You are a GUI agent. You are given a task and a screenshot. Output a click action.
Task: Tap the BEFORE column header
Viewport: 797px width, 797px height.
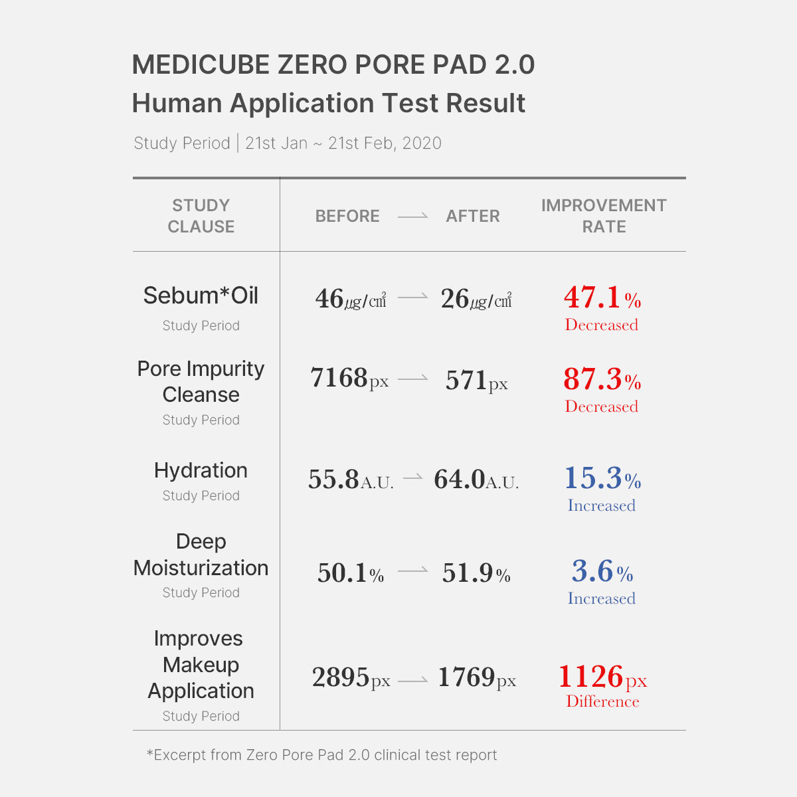tap(347, 216)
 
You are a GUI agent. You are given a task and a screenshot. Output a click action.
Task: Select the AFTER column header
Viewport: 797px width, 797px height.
tap(473, 216)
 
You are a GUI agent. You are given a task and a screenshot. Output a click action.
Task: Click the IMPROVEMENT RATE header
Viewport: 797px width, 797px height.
tap(604, 216)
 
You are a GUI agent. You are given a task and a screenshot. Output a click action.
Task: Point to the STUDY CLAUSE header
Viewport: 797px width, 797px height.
tap(201, 216)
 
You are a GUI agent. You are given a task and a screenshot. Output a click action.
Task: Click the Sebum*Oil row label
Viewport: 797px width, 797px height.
tap(201, 296)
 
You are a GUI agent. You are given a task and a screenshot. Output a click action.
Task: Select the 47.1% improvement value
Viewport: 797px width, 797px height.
tap(602, 298)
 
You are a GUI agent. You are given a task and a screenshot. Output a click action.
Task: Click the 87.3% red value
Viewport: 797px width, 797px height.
tap(602, 380)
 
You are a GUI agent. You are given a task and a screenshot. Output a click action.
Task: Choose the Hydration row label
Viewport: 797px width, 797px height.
tap(201, 470)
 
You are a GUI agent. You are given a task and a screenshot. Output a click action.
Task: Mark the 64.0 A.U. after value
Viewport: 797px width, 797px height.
tap(476, 480)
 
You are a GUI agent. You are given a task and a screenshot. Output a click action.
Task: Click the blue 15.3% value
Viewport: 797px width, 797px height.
tap(602, 479)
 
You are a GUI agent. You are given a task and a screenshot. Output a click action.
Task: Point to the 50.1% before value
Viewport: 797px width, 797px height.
tap(351, 573)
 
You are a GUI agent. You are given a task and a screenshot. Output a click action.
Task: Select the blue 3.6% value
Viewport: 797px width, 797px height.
tap(602, 572)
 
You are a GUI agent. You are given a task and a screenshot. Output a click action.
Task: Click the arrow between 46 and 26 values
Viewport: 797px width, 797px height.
tap(413, 298)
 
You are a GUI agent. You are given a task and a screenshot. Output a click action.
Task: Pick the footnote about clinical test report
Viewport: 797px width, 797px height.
tap(321, 755)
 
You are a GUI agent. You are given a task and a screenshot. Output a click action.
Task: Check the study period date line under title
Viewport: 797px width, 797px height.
tap(288, 143)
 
